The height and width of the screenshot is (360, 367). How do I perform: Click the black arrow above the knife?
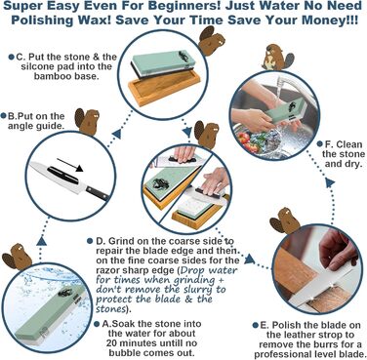(x=70, y=165)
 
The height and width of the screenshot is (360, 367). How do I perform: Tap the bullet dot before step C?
(x=11, y=58)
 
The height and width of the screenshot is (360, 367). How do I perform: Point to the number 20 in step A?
(x=112, y=343)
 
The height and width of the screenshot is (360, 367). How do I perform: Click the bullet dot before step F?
(x=319, y=144)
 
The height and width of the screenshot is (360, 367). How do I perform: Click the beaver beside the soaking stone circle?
(x=18, y=257)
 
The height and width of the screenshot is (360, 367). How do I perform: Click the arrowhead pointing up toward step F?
(x=330, y=182)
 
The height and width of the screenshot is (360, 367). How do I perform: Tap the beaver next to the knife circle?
(x=87, y=122)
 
